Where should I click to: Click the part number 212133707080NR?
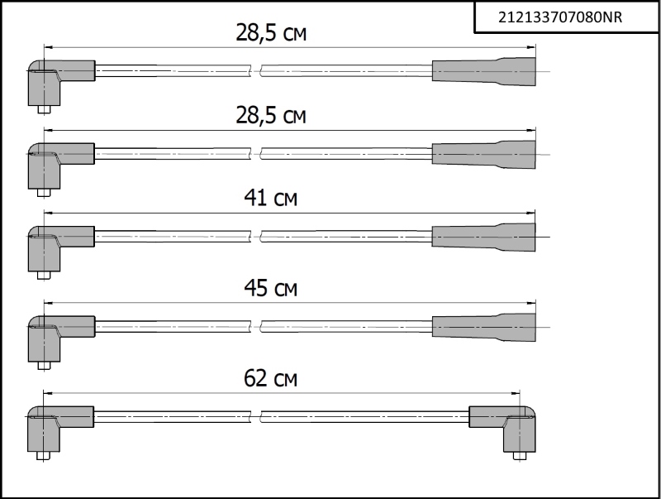560,17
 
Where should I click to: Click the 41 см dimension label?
271,197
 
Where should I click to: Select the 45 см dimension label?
271,287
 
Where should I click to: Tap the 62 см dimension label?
271,378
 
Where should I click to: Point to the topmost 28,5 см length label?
271,32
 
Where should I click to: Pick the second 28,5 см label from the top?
271,115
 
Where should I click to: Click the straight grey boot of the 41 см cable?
483,238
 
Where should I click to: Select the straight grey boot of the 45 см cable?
483,327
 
